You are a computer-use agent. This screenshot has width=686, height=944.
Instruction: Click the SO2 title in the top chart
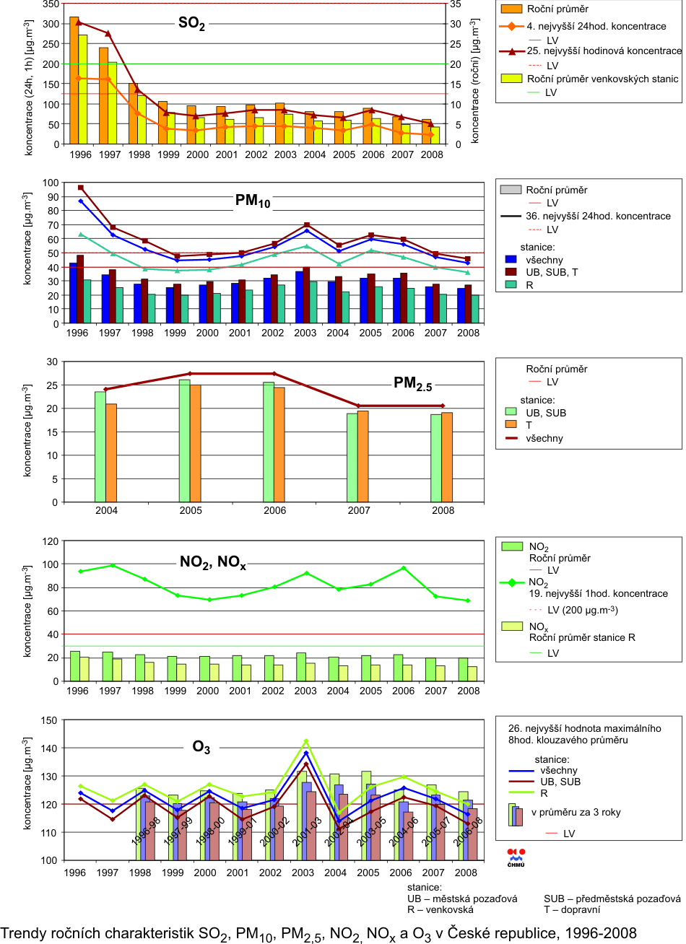click(192, 24)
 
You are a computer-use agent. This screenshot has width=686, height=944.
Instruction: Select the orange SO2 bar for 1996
click(74, 79)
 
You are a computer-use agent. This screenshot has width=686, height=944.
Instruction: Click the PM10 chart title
click(253, 201)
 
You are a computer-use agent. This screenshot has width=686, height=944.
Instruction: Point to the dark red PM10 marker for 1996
click(81, 188)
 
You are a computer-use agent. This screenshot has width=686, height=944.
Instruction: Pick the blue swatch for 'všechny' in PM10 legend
click(511, 259)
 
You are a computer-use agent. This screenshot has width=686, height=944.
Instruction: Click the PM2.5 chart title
click(412, 384)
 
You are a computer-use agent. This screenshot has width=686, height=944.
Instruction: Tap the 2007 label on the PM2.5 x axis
click(359, 510)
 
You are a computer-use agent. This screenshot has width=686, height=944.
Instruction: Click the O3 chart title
click(201, 748)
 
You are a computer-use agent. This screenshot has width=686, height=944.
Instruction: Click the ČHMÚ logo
click(517, 856)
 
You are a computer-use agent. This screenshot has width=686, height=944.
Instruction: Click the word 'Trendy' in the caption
click(22, 932)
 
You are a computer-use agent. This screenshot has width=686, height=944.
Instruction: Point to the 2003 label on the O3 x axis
click(305, 872)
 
